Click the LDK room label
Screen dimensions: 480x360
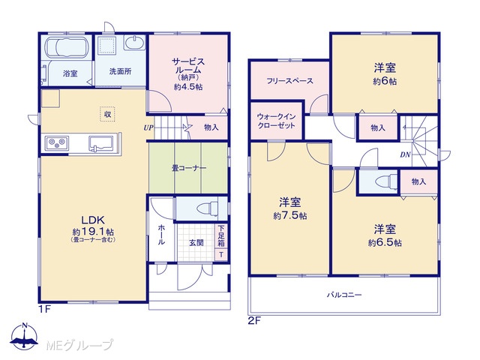[x=93, y=220]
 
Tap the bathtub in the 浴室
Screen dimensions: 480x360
[x=67, y=47]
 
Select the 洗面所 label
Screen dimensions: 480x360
[x=120, y=71]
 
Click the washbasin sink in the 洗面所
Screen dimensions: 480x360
[x=134, y=43]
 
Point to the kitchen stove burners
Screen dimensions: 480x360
[x=57, y=143]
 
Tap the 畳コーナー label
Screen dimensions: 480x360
[x=189, y=168]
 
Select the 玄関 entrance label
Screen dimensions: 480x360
[x=196, y=243]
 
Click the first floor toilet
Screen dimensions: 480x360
[x=207, y=209]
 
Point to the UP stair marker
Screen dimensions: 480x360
[x=148, y=127]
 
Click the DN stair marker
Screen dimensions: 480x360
[x=405, y=155]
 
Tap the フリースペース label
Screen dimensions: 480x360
[x=289, y=81]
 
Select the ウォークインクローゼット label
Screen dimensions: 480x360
[x=276, y=121]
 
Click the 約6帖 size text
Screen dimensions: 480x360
[x=385, y=82]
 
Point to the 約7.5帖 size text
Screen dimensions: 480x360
[x=290, y=216]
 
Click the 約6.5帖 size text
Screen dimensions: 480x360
[x=385, y=243]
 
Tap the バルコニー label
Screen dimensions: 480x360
[x=344, y=295]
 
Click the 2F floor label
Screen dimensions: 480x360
[x=254, y=321]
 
